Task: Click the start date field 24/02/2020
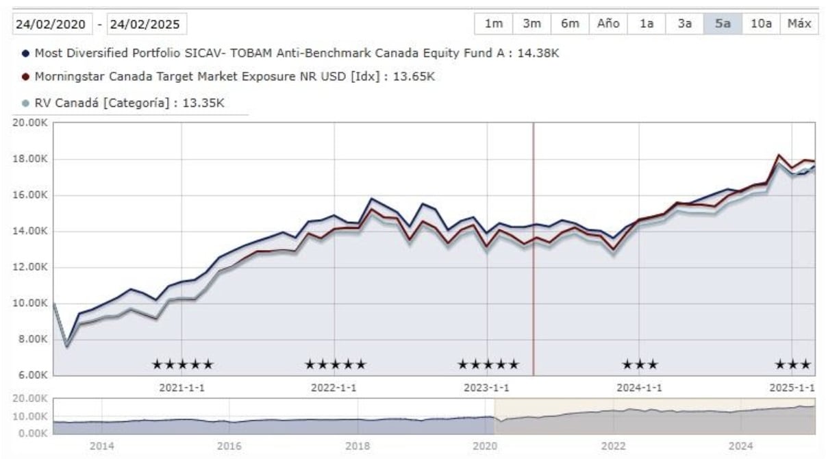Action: (51, 24)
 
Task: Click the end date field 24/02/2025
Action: (147, 24)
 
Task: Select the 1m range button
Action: (493, 23)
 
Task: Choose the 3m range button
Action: (531, 23)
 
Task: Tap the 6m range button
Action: (570, 23)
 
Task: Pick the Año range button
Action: (608, 23)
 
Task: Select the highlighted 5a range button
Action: (723, 23)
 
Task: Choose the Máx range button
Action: (799, 23)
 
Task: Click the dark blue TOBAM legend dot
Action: (25, 53)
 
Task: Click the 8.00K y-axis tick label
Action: (31, 339)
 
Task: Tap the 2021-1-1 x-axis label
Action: (182, 387)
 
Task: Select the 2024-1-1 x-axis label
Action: (639, 387)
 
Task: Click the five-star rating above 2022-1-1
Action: (335, 364)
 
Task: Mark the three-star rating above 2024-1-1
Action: (640, 364)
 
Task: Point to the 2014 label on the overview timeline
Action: (101, 447)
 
